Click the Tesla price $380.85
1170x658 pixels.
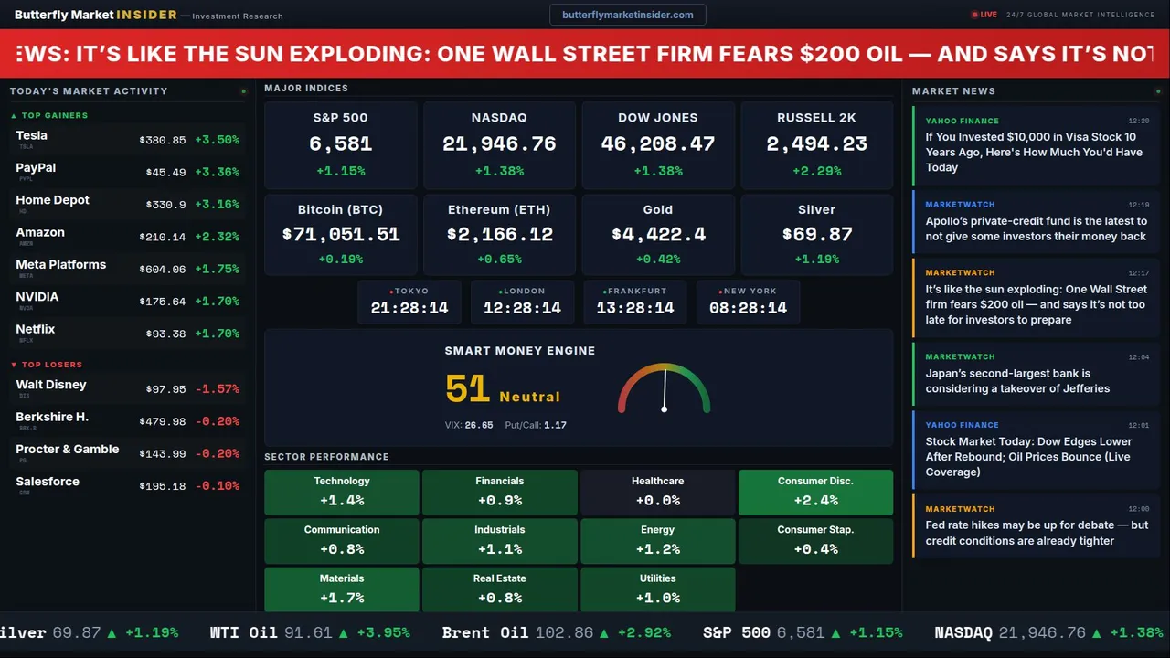(x=162, y=141)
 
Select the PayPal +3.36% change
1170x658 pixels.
(x=217, y=173)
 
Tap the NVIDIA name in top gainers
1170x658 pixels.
(x=37, y=297)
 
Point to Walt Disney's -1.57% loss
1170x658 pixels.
(x=217, y=389)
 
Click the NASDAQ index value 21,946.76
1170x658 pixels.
(x=499, y=144)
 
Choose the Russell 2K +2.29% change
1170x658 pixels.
(x=816, y=171)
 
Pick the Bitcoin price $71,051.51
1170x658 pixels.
(x=341, y=235)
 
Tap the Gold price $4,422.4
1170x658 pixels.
(x=658, y=235)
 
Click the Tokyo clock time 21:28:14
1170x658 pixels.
(x=409, y=308)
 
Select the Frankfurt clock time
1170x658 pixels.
(x=635, y=308)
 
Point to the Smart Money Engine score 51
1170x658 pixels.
(x=468, y=389)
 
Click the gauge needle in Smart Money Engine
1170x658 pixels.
(x=665, y=388)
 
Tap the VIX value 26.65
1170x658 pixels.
(x=479, y=425)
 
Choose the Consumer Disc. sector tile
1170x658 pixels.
(x=815, y=492)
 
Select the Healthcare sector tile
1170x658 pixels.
(x=657, y=492)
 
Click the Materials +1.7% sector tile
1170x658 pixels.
(x=342, y=589)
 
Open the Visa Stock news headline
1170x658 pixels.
(x=1034, y=153)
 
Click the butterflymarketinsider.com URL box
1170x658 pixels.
(x=628, y=15)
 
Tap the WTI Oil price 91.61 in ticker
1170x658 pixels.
(x=306, y=632)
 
